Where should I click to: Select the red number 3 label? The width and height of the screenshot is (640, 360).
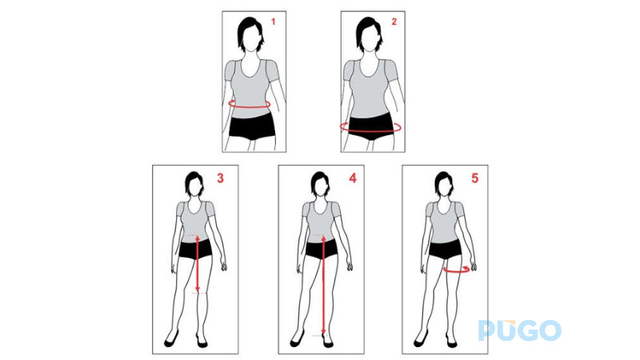[220, 178]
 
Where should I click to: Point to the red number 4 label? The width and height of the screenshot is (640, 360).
[352, 178]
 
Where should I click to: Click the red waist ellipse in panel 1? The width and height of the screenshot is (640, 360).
[250, 104]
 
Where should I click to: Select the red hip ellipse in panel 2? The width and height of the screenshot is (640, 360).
[370, 126]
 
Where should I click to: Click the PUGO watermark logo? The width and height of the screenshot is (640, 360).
[520, 330]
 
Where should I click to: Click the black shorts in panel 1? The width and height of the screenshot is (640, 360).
[251, 126]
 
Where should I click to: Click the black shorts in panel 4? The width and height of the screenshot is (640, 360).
[321, 249]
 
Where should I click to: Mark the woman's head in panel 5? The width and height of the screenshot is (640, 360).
[443, 185]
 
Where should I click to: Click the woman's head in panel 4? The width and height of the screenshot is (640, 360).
[320, 185]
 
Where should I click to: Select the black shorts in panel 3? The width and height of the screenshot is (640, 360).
[196, 249]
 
